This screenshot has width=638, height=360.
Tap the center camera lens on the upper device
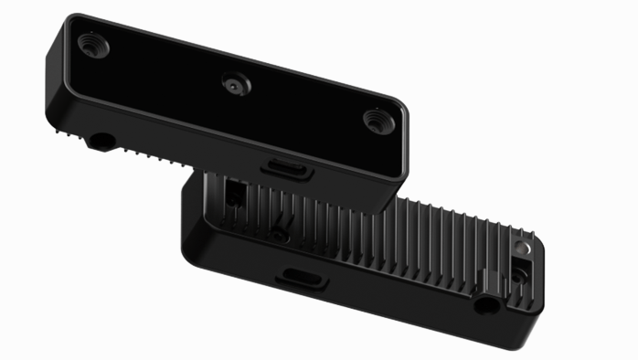[x=235, y=83]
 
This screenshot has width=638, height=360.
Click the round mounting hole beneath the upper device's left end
[x=97, y=142]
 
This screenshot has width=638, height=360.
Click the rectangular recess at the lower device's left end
[x=235, y=193]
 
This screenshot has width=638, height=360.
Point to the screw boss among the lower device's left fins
[x=280, y=236]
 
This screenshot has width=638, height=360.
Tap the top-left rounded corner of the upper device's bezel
[x=73, y=20]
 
